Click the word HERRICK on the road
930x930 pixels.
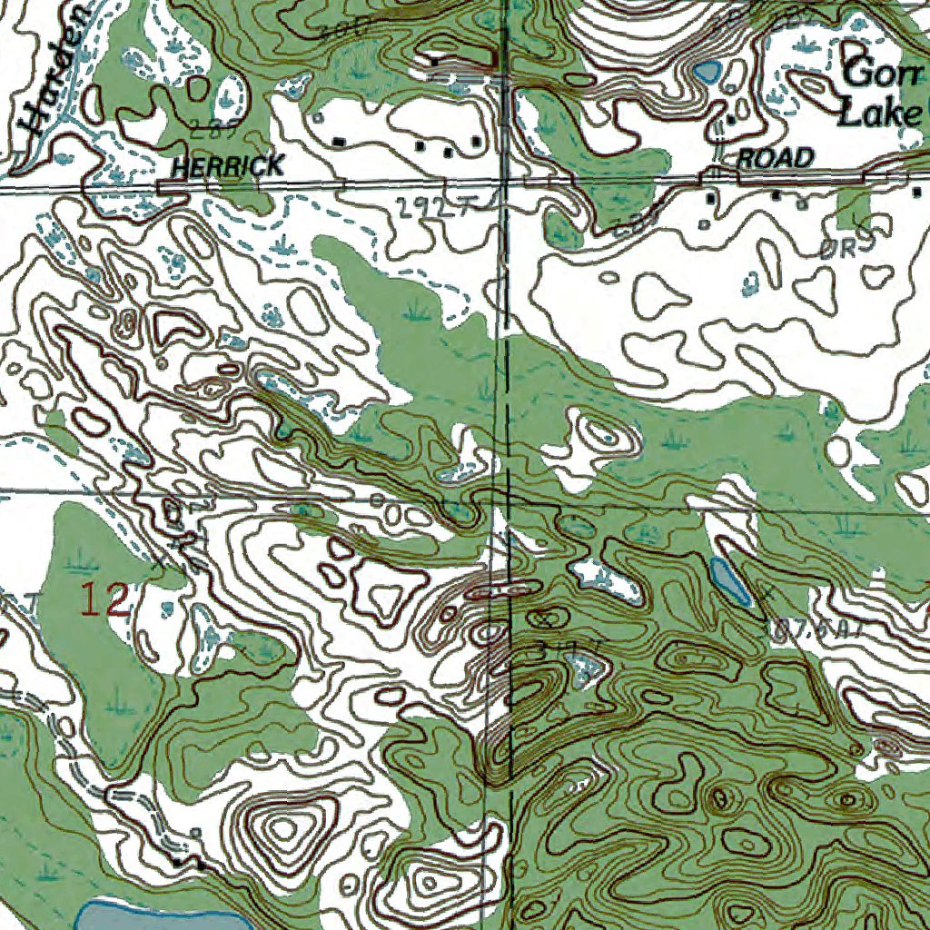coord(227,165)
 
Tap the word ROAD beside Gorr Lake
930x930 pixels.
coord(775,158)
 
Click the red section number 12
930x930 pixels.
coord(106,601)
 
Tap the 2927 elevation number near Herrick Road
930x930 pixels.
coord(433,208)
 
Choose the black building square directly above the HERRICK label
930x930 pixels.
coord(339,142)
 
